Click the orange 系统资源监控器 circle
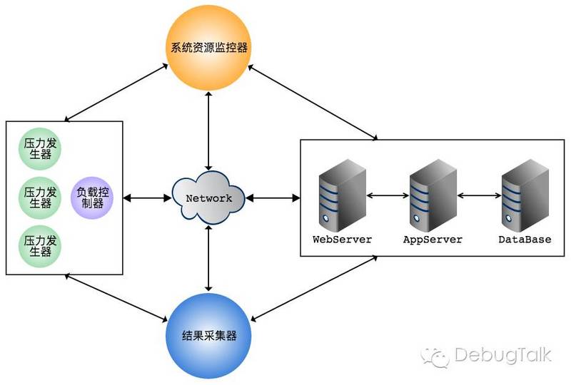(x=209, y=49)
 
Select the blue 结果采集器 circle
(x=209, y=334)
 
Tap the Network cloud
(x=208, y=197)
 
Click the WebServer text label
(x=342, y=240)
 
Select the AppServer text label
(x=433, y=240)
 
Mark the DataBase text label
(x=525, y=240)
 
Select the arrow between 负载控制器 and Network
(x=146, y=197)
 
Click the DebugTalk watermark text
(x=502, y=355)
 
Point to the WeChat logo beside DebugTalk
(x=435, y=355)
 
